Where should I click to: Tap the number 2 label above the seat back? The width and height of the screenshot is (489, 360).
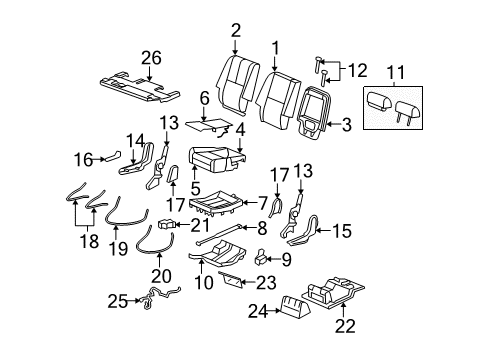coord(236,30)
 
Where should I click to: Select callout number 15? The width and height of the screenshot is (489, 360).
coord(342,232)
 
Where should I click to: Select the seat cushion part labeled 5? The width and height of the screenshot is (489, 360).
coord(212,159)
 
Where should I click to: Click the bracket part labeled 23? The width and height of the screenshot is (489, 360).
coord(229,278)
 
